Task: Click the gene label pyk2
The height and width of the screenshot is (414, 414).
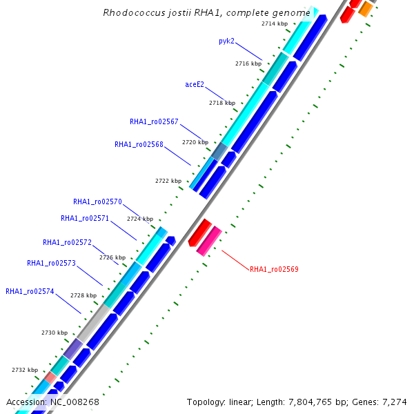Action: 226,41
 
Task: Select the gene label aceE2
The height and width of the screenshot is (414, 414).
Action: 195,84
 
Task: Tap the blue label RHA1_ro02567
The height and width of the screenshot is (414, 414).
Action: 154,121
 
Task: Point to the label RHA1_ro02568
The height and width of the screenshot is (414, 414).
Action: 139,144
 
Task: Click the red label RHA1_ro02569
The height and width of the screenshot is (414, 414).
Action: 274,269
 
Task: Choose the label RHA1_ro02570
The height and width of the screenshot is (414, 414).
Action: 97,201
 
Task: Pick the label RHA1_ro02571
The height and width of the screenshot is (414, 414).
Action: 85,218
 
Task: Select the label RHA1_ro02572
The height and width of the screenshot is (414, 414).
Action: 67,242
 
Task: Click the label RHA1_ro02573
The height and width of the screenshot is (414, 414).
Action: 51,263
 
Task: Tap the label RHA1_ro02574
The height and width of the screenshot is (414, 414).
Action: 30,291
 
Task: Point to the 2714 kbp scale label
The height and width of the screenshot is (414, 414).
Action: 275,23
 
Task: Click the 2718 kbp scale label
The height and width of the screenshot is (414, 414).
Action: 222,103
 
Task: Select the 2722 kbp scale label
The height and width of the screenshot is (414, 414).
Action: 168,181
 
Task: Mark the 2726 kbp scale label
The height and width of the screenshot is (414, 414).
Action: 112,257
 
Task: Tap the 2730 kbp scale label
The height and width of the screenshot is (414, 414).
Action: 55,333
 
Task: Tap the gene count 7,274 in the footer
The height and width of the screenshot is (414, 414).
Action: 394,402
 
